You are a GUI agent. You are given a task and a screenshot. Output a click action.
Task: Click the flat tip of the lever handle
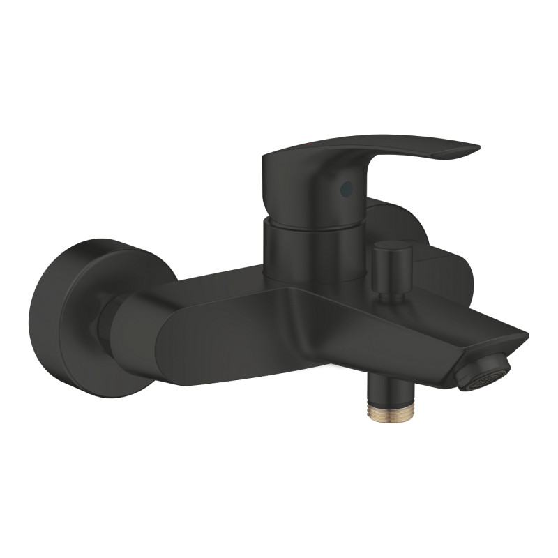click(460, 151)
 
